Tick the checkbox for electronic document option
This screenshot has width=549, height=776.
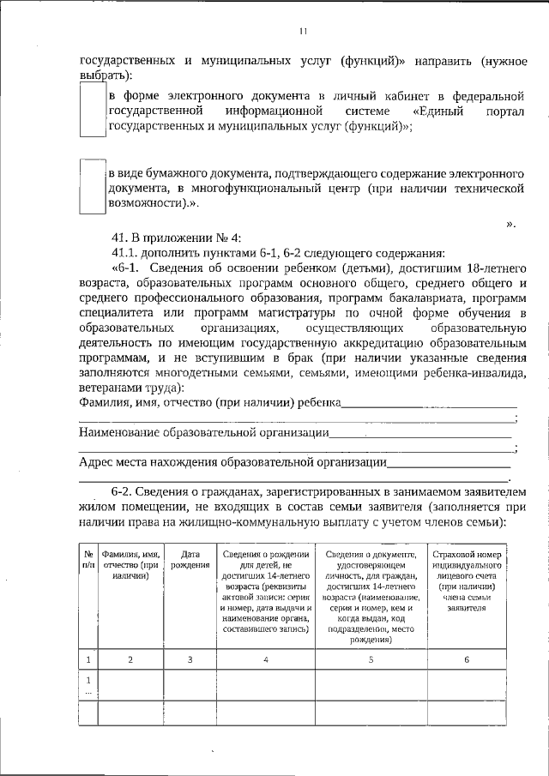(92, 112)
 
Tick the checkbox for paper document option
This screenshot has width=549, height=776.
(92, 186)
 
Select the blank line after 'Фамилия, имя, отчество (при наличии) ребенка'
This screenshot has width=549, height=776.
(430, 403)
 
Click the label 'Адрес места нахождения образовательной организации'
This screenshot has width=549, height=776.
(232, 463)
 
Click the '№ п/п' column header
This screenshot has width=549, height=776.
(87, 561)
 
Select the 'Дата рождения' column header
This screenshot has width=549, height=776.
(190, 561)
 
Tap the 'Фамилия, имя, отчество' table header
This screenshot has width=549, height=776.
(130, 565)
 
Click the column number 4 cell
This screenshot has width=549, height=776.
(266, 659)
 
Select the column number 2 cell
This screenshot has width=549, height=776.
(130, 659)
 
